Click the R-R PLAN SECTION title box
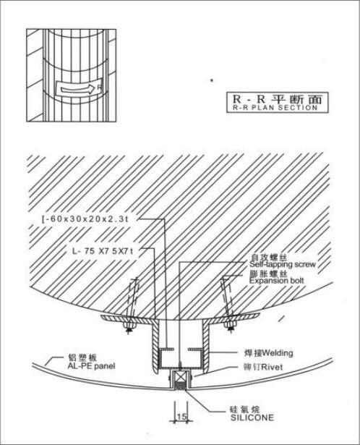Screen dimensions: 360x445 pyautogui.click(x=277, y=103)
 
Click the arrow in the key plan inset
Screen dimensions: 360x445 pyautogui.click(x=77, y=90)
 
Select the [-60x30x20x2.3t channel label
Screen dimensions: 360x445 pyautogui.click(x=85, y=219)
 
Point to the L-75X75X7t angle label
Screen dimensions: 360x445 pyautogui.click(x=103, y=251)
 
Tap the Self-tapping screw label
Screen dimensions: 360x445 pyautogui.click(x=283, y=264)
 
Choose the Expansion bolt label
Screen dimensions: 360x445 pyautogui.click(x=277, y=281)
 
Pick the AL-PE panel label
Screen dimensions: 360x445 pyautogui.click(x=91, y=366)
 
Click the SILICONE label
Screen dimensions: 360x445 pyautogui.click(x=252, y=418)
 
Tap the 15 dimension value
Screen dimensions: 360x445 pyautogui.click(x=181, y=416)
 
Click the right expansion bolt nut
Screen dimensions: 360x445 pyautogui.click(x=230, y=324)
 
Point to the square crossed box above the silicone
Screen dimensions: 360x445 pyautogui.click(x=181, y=377)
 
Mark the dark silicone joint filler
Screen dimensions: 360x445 pyautogui.click(x=181, y=386)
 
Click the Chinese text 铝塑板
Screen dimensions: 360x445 pyautogui.click(x=82, y=357)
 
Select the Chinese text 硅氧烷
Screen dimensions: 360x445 pyautogui.click(x=244, y=410)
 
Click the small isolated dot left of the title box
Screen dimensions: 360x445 pyautogui.click(x=211, y=80)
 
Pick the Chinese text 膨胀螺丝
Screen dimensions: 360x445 pyautogui.click(x=268, y=274)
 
